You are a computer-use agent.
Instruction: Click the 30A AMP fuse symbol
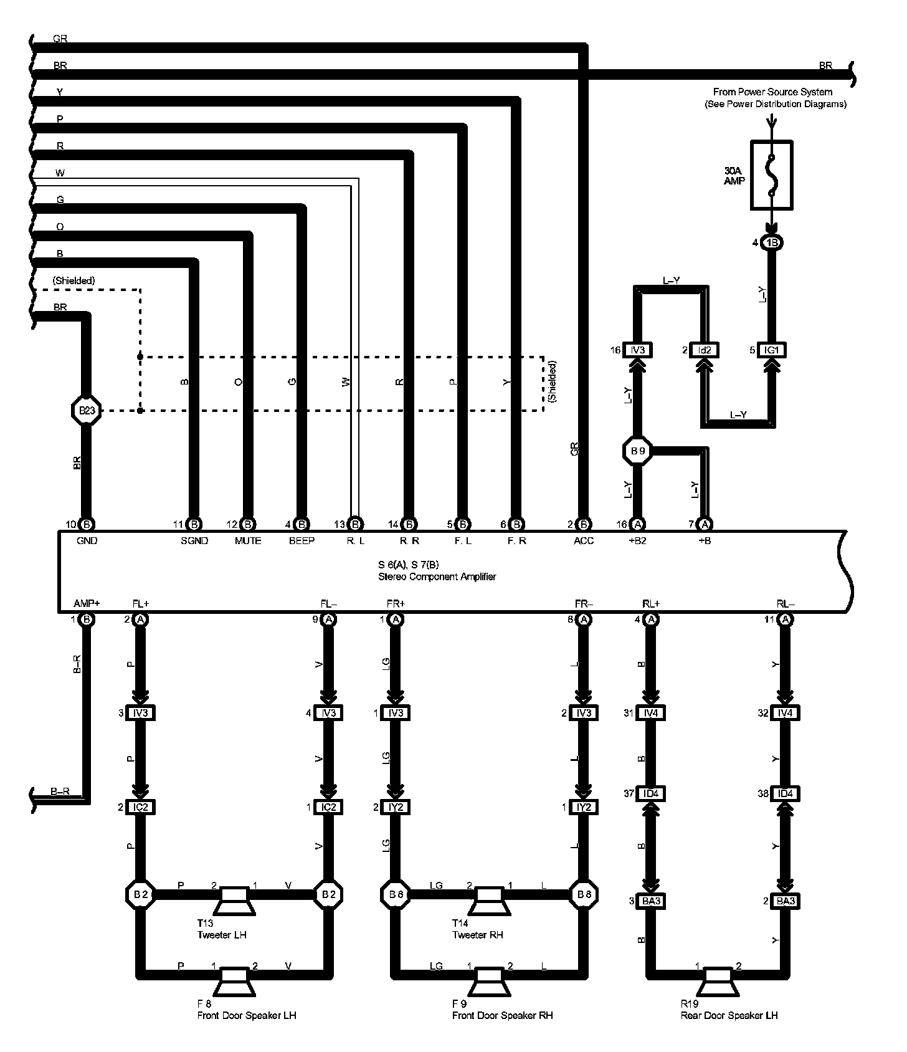pos(772,175)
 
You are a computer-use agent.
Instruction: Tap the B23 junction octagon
pos(86,410)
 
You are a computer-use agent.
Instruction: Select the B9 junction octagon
pos(637,450)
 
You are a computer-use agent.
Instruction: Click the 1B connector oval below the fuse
pos(772,242)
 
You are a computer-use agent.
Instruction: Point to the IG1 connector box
pos(772,350)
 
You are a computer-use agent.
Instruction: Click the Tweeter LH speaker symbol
pos(235,900)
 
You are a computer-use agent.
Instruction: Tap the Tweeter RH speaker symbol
pos(490,900)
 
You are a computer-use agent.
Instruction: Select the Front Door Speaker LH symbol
pos(235,982)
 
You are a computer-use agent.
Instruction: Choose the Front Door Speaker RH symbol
pos(490,982)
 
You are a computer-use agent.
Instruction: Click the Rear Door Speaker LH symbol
pos(718,982)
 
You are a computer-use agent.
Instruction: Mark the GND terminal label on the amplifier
pos(87,541)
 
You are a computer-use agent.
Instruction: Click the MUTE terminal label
pos(248,541)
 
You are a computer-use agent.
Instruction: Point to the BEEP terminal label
pos(302,541)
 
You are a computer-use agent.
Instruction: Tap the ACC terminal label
pos(584,541)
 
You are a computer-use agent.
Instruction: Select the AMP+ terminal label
pos(87,603)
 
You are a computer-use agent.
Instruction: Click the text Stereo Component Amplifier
pos(437,577)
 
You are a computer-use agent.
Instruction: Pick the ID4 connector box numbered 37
pos(650,794)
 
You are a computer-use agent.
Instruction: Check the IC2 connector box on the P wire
pos(141,807)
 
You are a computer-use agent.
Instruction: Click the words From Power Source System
pos(772,92)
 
